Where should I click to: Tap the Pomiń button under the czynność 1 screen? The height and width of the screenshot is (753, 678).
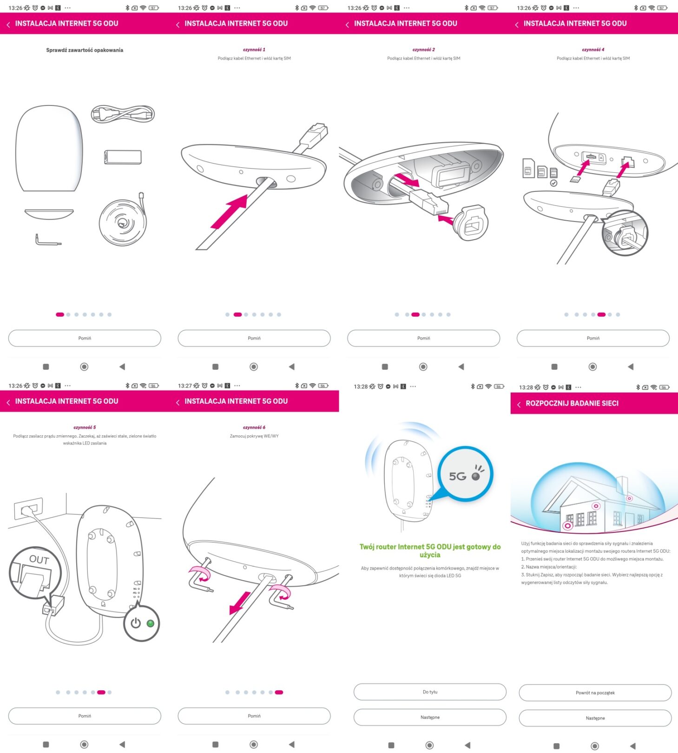(x=254, y=338)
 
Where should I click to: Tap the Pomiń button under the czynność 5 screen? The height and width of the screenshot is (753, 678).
(x=85, y=716)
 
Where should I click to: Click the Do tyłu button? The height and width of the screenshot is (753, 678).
(x=430, y=692)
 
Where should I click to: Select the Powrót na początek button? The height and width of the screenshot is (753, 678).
(x=595, y=693)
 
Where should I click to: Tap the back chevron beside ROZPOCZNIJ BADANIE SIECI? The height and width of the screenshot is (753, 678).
(x=519, y=404)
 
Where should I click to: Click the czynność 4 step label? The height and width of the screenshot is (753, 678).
(x=593, y=50)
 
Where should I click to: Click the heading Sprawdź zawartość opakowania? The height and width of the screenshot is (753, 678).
(x=85, y=50)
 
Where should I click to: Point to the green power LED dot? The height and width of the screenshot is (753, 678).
(x=150, y=623)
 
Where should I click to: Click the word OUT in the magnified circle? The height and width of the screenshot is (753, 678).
(x=39, y=560)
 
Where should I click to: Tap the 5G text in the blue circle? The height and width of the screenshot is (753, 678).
(x=457, y=476)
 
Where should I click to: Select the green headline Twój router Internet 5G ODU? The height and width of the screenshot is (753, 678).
(x=430, y=550)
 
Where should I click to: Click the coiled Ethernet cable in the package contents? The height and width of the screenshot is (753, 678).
(x=122, y=222)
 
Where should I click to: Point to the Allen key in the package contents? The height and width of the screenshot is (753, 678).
(x=47, y=240)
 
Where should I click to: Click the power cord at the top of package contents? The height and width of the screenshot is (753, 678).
(x=123, y=114)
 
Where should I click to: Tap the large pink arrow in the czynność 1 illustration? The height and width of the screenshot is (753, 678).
(x=230, y=212)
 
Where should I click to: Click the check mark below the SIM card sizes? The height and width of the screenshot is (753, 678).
(x=553, y=183)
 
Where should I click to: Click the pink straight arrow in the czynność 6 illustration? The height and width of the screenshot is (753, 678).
(x=240, y=603)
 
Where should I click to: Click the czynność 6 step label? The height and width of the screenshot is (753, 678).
(x=254, y=427)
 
